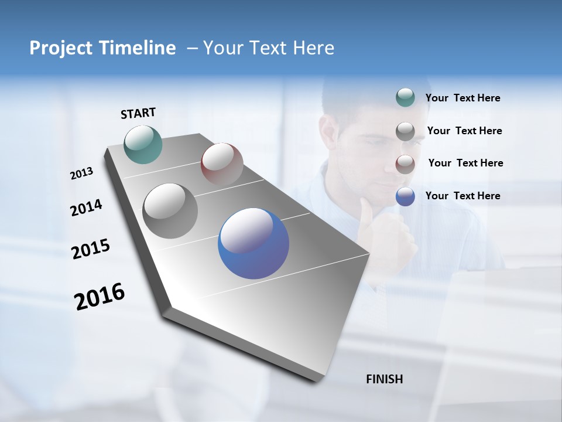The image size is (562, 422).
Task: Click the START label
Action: click(138, 113)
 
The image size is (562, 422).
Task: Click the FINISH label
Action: click(384, 379)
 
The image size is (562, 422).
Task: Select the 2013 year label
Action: click(82, 173)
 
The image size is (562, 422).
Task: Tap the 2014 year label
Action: click(86, 207)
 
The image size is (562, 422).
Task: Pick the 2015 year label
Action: click(90, 249)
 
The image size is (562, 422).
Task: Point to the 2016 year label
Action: click(100, 296)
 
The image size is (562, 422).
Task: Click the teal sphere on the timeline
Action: click(143, 144)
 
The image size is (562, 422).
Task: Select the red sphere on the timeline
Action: click(222, 164)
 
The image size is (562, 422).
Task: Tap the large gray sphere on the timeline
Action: click(170, 211)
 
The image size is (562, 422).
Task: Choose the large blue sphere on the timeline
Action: click(253, 243)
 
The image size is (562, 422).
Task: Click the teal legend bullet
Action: click(405, 98)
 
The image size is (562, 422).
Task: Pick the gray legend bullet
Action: click(405, 131)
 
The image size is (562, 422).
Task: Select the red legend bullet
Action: click(405, 164)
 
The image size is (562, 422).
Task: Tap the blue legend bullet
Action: click(405, 196)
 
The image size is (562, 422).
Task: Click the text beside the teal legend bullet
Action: click(462, 98)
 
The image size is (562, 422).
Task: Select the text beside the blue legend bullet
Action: click(462, 196)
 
